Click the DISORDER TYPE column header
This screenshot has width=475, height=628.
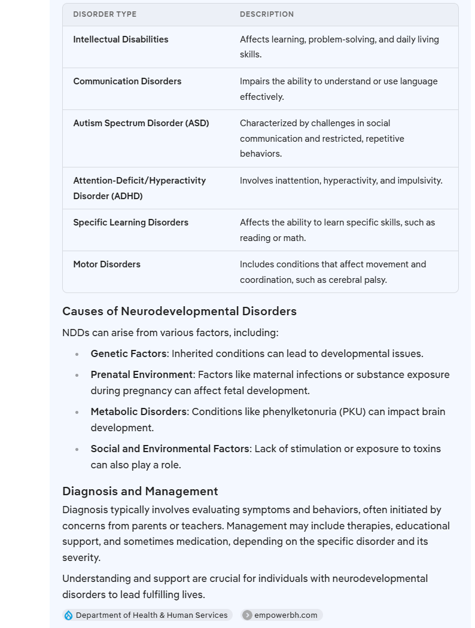tap(105, 14)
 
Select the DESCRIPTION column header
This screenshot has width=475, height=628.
tap(267, 14)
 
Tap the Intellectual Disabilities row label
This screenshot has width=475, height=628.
tap(121, 39)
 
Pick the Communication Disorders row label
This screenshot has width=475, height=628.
tap(127, 81)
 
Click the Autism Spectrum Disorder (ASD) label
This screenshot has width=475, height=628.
tap(141, 123)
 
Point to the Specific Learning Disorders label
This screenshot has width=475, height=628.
tap(131, 222)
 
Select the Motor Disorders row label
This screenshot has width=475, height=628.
tap(107, 264)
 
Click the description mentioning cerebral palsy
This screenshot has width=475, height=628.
tap(333, 272)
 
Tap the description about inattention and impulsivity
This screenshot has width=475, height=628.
tap(341, 181)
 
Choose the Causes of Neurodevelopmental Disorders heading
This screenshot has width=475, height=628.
tap(179, 312)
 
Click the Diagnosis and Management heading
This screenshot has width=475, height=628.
tap(140, 492)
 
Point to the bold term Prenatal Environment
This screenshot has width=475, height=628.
tap(142, 375)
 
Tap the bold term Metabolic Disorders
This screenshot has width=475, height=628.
tap(139, 412)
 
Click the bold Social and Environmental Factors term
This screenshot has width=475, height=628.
tap(170, 449)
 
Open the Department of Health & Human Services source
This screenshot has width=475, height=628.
tap(151, 615)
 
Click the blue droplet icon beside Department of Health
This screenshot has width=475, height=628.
tap(69, 615)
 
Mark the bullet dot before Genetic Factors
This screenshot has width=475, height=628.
tap(77, 354)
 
